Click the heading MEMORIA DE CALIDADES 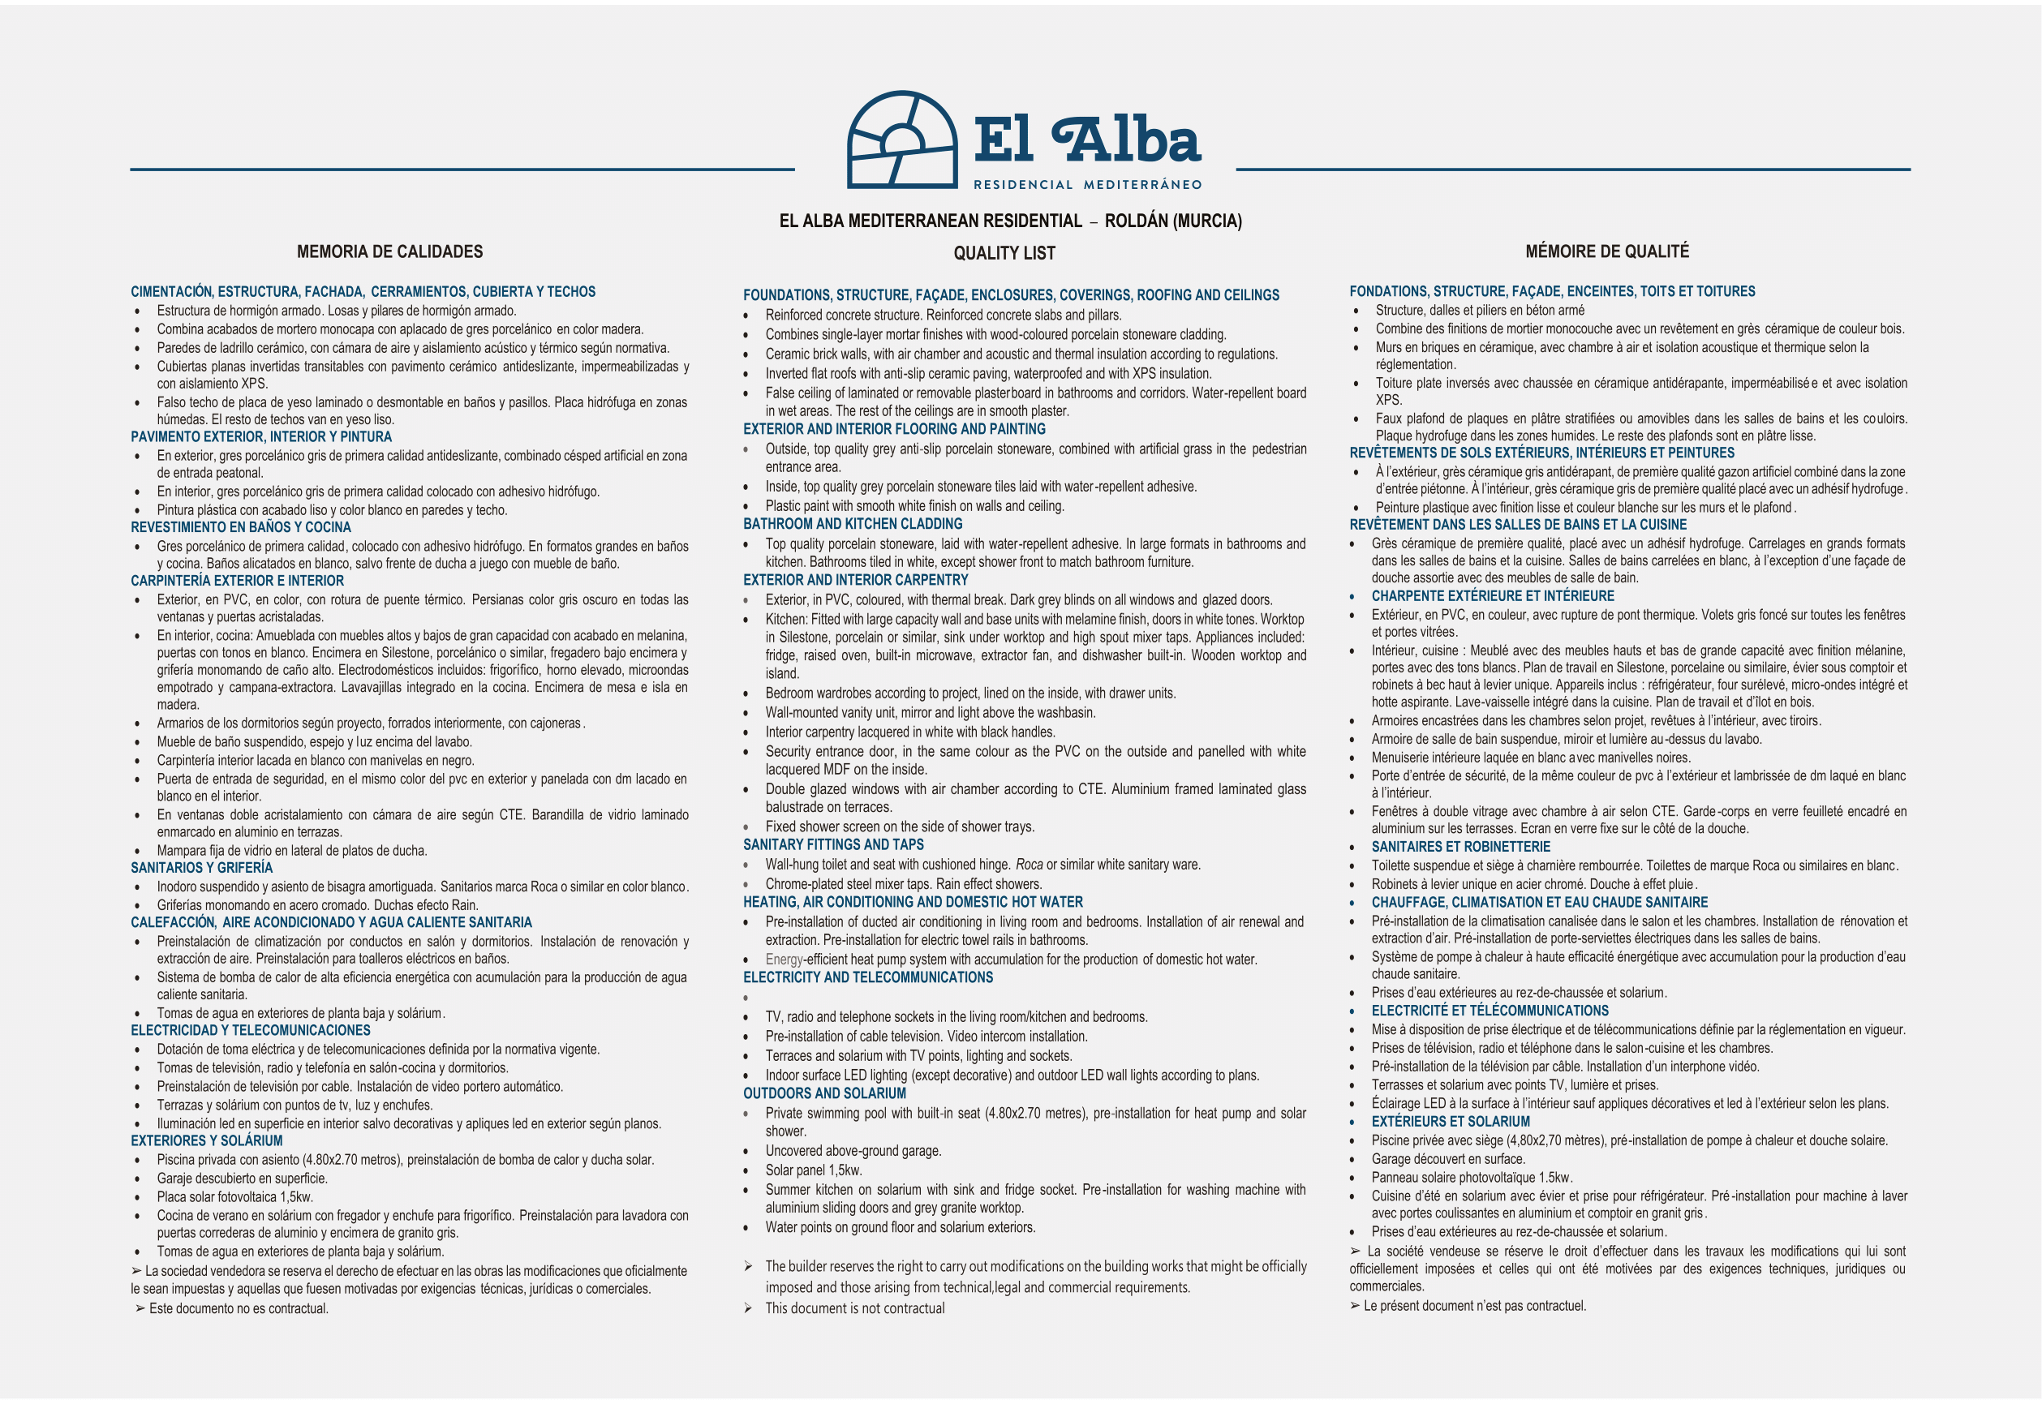tap(389, 251)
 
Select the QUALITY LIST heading tap(1004, 253)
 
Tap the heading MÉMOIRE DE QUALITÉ tap(1606, 251)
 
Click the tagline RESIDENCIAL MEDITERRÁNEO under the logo tap(1087, 185)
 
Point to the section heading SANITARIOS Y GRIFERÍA tap(201, 867)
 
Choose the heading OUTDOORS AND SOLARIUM tap(824, 1093)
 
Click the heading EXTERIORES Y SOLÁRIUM tap(207, 1141)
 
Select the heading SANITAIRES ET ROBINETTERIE tap(1460, 846)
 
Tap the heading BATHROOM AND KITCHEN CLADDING tap(853, 524)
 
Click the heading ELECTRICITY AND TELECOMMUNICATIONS tap(867, 977)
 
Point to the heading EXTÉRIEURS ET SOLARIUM tap(1450, 1122)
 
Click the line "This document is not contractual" tap(854, 1308)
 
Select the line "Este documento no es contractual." tap(239, 1308)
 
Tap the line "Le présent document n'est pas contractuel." tap(1475, 1306)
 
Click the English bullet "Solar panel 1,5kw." tap(813, 1170)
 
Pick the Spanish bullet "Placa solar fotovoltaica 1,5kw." tap(235, 1196)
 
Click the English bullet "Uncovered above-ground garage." tap(853, 1151)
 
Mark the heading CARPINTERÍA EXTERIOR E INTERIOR tap(238, 581)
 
